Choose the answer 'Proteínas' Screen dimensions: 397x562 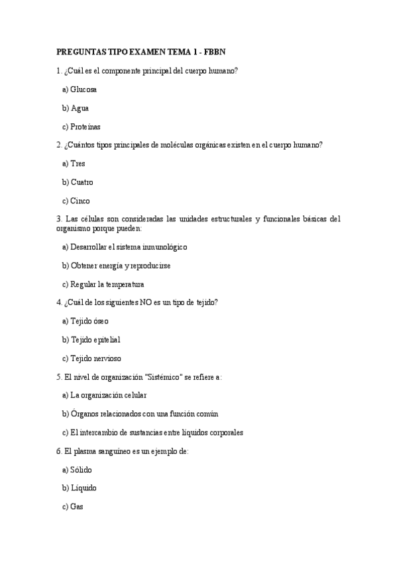click(x=85, y=126)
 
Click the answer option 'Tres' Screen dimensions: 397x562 click(x=78, y=163)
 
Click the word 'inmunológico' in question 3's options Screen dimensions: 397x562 click(x=162, y=247)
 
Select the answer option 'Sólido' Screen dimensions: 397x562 click(x=81, y=469)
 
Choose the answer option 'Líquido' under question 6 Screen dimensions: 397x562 click(x=83, y=488)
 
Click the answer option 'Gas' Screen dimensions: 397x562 click(x=77, y=506)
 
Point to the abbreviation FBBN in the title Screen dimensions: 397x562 click(x=215, y=52)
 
